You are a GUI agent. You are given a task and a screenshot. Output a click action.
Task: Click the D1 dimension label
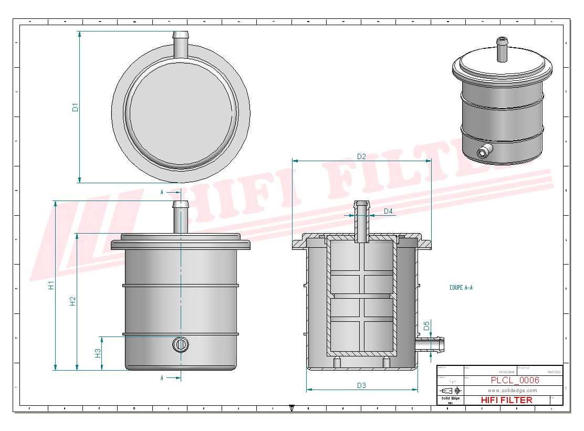(75, 108)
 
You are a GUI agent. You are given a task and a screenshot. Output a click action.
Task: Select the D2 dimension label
(361, 156)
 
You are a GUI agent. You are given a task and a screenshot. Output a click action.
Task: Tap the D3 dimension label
(361, 386)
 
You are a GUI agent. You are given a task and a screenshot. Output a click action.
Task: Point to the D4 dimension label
(388, 211)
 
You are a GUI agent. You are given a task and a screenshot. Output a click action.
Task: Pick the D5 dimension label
(426, 325)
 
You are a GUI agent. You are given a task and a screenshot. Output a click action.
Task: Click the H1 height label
(51, 286)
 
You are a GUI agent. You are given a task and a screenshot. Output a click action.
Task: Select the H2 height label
(73, 301)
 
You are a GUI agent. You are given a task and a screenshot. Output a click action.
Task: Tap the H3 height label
(98, 353)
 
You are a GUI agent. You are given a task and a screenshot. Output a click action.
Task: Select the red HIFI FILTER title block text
(506, 400)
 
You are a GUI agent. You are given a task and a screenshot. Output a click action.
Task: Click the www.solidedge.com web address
(512, 391)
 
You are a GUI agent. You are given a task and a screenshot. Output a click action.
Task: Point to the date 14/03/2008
(506, 372)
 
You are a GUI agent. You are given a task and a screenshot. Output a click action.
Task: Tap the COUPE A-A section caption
(461, 288)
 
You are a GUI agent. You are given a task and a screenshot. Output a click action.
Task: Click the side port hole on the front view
(180, 344)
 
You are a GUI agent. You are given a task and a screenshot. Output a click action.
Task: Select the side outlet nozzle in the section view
(432, 344)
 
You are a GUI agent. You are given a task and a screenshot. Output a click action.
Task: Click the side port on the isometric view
(482, 152)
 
